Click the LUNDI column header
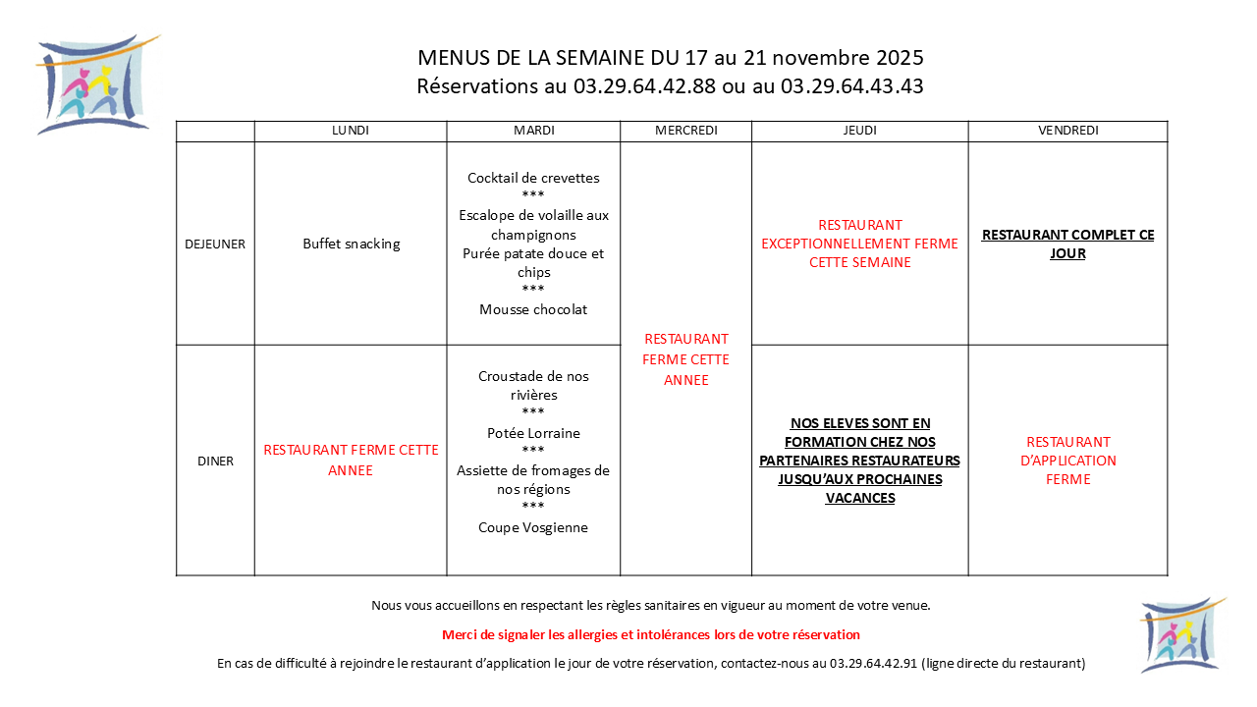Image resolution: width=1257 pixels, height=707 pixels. coord(351,131)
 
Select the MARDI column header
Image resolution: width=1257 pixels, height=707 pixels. coord(533,131)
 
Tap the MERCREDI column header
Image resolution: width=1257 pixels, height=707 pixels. coord(685,131)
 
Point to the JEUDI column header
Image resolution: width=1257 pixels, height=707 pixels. coord(859,131)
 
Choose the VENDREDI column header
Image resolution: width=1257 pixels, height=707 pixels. coord(1067,131)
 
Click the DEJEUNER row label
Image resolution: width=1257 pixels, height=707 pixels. coord(215,245)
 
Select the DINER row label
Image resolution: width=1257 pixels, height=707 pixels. coord(215,461)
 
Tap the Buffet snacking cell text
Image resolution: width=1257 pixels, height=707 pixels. coord(351,245)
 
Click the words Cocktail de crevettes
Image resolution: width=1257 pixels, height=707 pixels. coord(533,178)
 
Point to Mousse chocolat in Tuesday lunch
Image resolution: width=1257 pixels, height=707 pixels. coord(533,309)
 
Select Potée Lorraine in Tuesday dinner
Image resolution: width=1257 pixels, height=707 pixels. coord(533,433)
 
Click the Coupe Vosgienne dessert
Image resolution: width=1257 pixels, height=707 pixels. coord(533,527)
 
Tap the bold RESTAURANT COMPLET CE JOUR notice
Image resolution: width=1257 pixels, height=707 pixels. coord(1067,244)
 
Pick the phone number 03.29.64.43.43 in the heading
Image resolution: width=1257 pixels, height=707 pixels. coord(851,86)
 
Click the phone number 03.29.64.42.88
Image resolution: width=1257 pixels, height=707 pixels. coord(644,86)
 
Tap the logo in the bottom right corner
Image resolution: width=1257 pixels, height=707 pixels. coord(1180,635)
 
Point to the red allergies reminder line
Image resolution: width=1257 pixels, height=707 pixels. coord(651,634)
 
